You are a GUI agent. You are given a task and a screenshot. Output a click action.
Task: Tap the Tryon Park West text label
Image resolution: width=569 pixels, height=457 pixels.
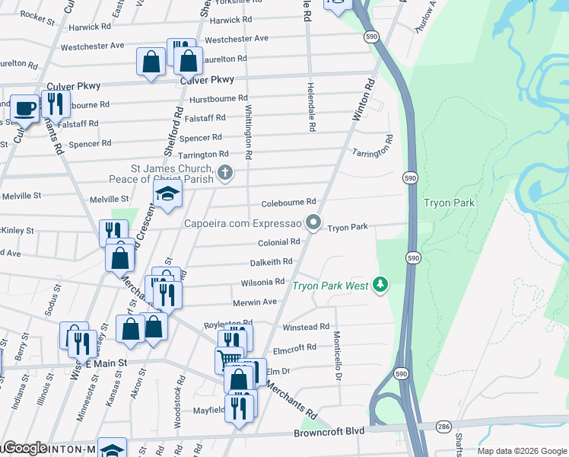point(331,286)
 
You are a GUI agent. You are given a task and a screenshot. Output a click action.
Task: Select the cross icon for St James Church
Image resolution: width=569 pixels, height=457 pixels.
point(224,174)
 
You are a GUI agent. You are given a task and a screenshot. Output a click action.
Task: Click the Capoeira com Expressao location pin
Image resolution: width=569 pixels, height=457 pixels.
point(313,223)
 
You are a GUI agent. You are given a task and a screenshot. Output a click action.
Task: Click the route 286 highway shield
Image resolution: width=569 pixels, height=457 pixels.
point(443,428)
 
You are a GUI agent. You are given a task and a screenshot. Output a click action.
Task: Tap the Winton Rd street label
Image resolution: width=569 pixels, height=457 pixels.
point(364,100)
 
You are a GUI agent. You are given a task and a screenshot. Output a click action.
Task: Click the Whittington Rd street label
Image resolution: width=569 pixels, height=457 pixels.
point(248,129)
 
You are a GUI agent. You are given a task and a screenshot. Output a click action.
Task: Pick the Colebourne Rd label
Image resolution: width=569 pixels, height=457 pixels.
point(288,202)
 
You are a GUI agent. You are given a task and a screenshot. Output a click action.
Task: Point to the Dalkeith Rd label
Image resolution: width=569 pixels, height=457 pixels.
point(271,262)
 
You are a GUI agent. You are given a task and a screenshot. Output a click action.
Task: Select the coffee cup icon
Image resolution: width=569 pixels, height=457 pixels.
point(24,108)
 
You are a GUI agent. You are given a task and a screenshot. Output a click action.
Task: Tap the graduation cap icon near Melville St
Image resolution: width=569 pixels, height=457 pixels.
point(167,195)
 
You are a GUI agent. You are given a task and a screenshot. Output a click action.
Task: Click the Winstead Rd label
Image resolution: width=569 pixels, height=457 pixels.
point(305,327)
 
